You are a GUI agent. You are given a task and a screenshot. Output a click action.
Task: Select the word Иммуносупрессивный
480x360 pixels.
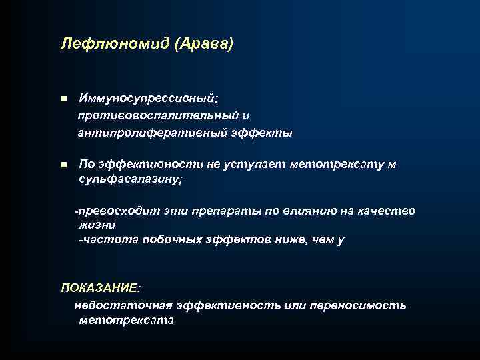pyautogui.click(x=147, y=99)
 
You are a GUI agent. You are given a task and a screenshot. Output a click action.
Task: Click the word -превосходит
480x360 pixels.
pyautogui.click(x=109, y=211)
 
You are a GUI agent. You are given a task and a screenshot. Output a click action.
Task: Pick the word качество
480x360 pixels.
pyautogui.click(x=387, y=211)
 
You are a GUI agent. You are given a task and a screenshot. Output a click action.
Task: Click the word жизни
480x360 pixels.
pyautogui.click(x=97, y=225)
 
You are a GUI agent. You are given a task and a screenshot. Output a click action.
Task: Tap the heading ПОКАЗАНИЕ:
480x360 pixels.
pyautogui.click(x=101, y=288)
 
